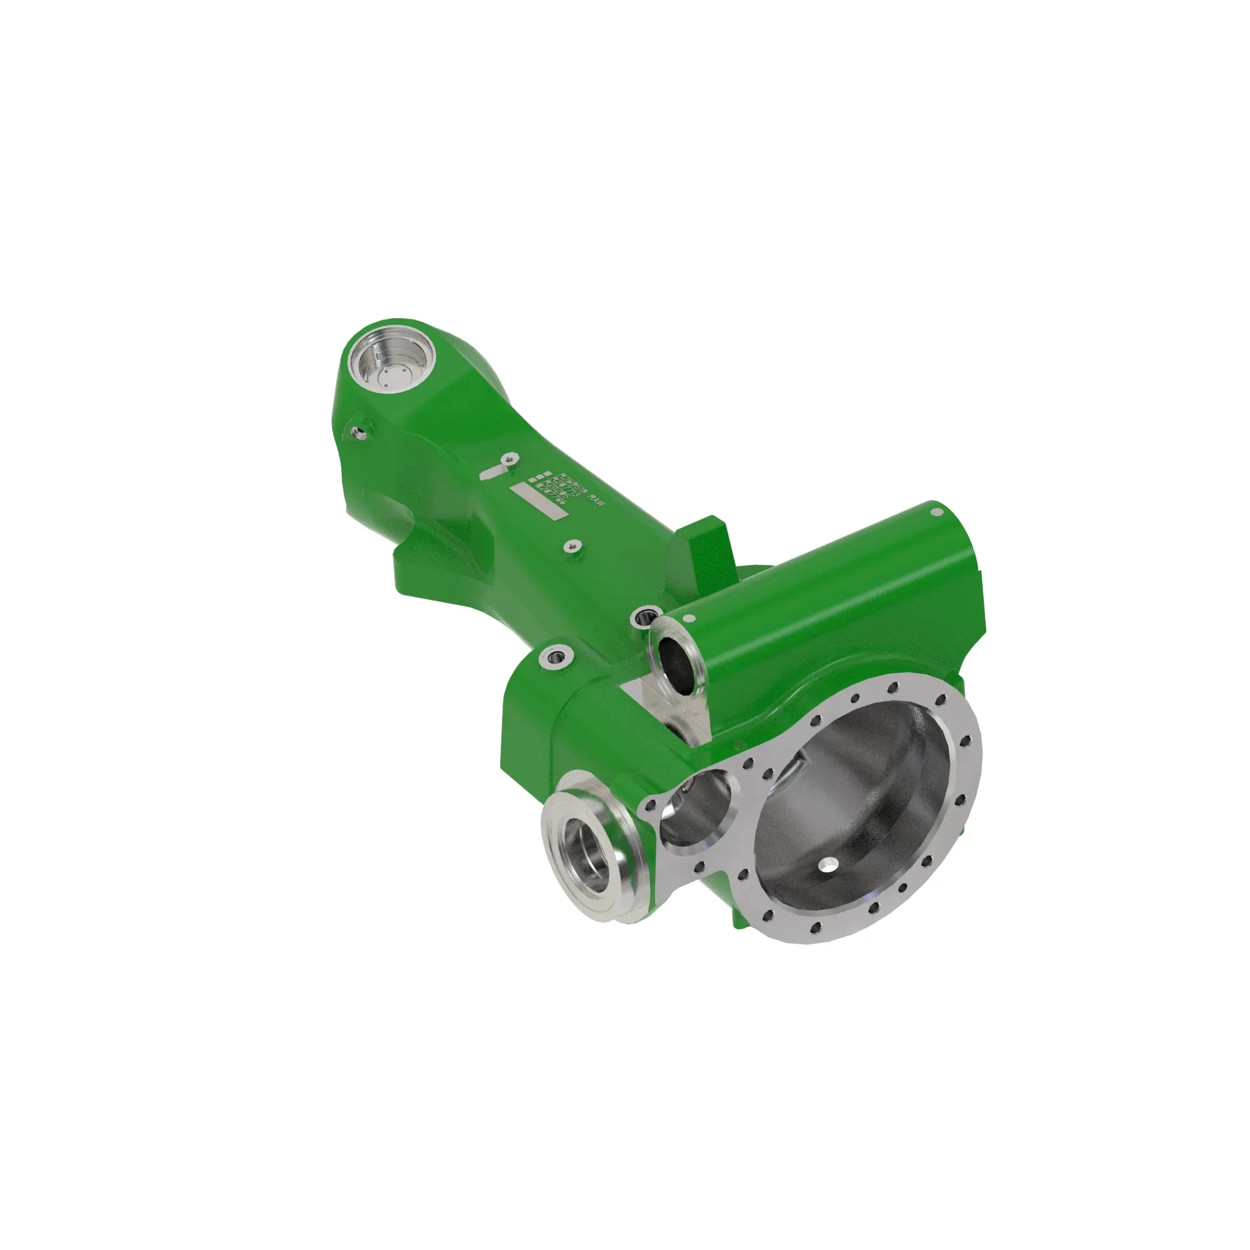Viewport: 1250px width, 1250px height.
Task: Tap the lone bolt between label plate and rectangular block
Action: coord(571,547)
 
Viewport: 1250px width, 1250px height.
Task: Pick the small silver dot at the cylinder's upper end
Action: coord(936,512)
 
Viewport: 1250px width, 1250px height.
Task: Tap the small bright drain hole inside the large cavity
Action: coord(827,865)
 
